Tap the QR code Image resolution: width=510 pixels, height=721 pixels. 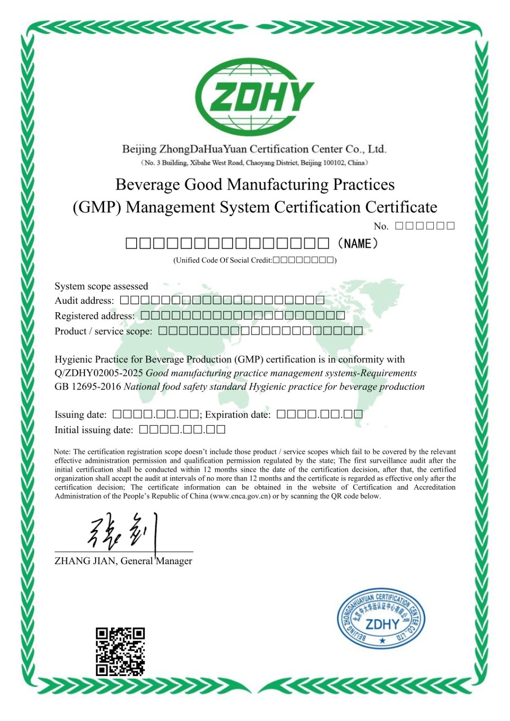120,652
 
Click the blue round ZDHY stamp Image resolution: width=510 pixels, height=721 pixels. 381,618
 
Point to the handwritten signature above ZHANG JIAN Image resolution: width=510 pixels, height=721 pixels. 123,532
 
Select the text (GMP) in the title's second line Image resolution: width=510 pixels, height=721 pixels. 96,207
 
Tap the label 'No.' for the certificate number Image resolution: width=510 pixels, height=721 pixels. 381,226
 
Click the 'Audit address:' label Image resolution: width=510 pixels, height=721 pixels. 84,301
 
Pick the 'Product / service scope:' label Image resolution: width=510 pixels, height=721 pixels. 103,331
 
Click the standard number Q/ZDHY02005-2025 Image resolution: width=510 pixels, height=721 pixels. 99,373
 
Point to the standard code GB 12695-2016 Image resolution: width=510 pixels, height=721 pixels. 88,387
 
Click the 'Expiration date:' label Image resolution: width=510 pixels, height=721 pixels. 238,415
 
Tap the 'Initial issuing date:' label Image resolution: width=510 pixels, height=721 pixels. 94,430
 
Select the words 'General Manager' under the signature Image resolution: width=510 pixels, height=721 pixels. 156,561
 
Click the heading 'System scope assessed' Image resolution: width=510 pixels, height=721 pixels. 101,286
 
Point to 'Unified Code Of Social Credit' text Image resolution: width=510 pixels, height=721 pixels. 224,260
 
